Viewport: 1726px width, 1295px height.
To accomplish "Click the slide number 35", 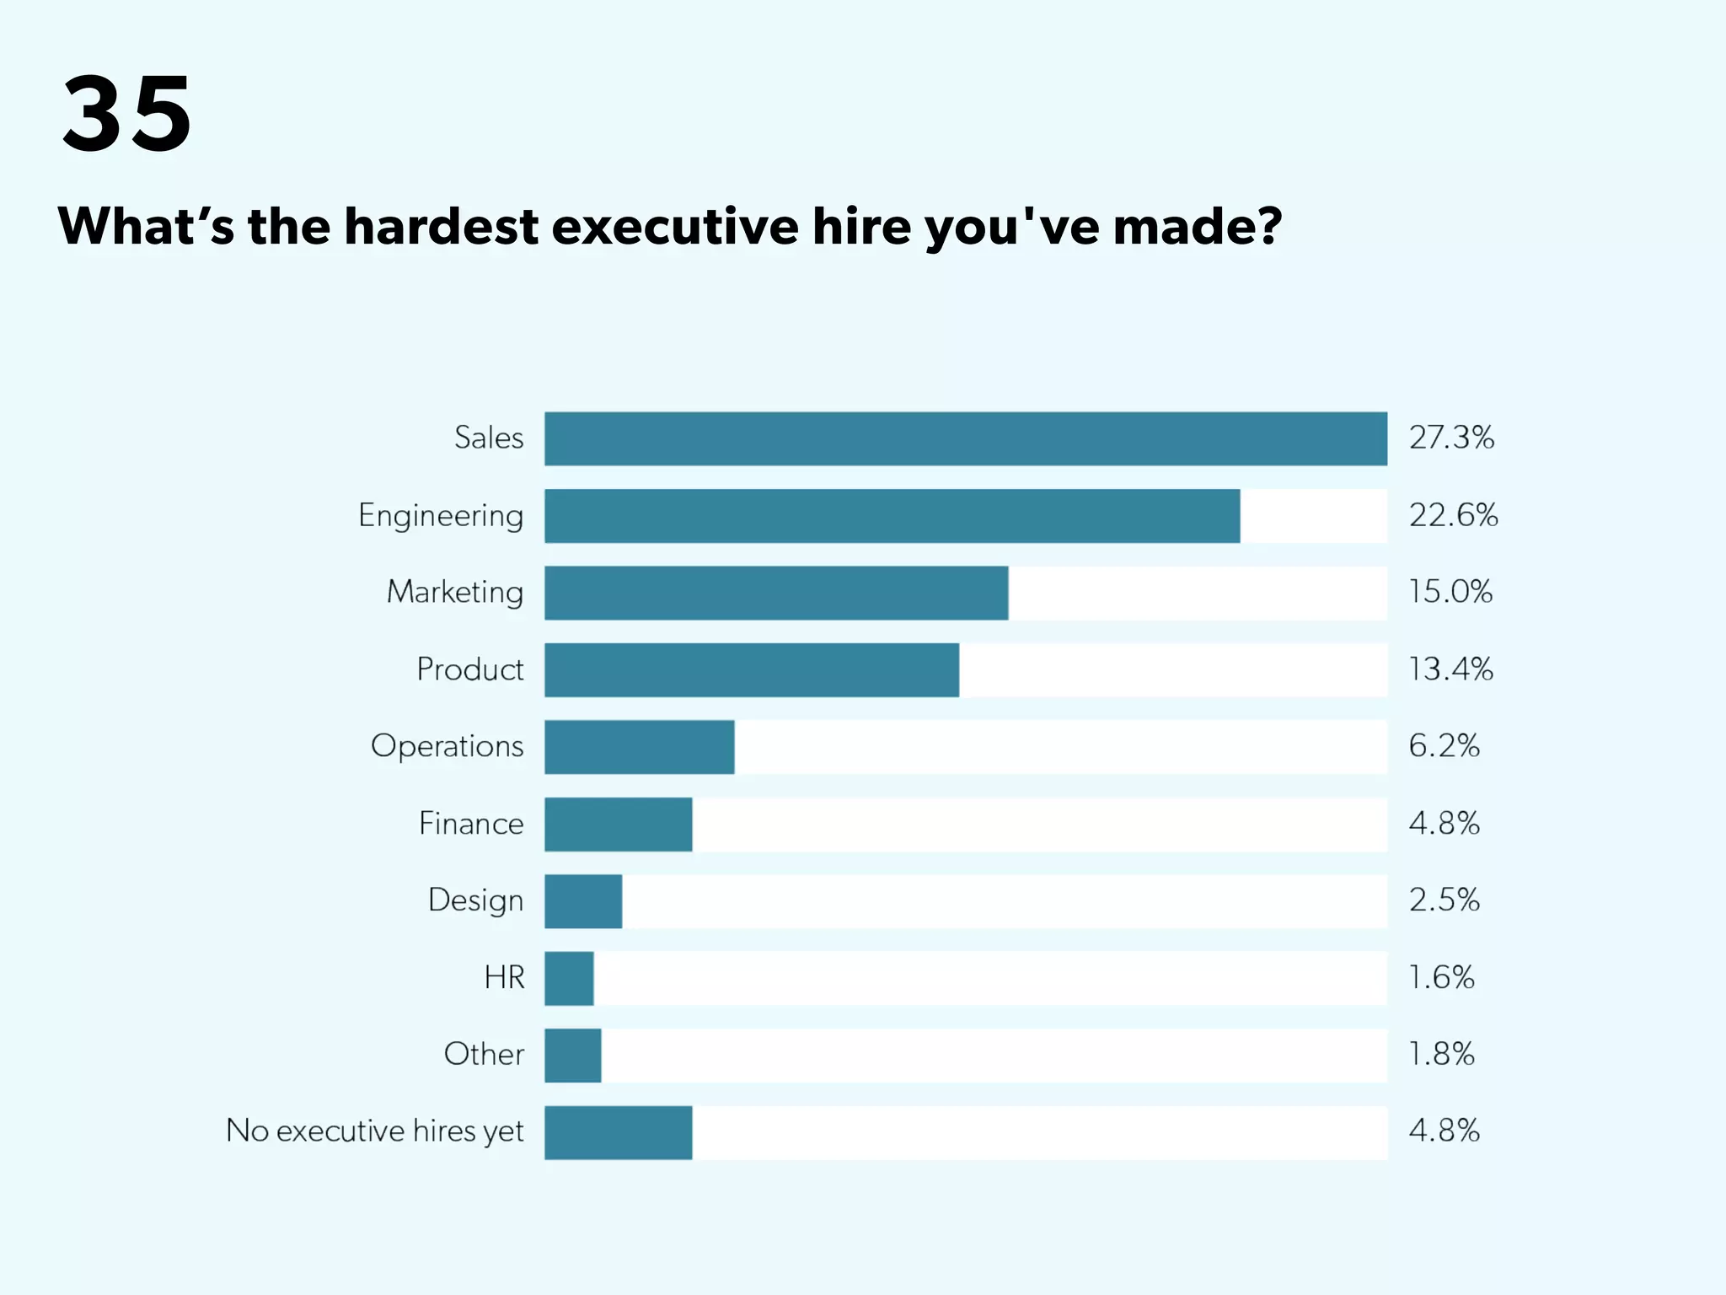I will click(127, 114).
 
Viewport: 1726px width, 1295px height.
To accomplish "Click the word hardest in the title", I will click(442, 227).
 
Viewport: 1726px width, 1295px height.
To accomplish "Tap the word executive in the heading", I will click(674, 227).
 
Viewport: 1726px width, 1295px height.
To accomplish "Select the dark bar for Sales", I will click(965, 438).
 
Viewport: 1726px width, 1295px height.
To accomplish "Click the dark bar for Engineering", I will click(892, 516).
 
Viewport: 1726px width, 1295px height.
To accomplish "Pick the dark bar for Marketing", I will click(776, 593).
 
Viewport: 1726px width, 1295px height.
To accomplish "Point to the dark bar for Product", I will click(752, 670).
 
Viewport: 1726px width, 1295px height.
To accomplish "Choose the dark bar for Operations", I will click(639, 747).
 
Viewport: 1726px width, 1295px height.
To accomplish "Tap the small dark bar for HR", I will click(569, 978).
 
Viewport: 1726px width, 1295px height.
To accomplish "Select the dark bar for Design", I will click(583, 901).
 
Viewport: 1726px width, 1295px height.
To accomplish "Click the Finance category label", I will click(471, 824).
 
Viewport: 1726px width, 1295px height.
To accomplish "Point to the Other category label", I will click(484, 1055).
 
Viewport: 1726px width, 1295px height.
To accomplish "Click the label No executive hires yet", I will click(375, 1131).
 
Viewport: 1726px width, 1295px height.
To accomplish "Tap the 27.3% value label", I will click(1451, 438).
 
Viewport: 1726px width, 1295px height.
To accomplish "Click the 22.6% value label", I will click(1453, 515).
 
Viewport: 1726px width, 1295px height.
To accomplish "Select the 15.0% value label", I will click(1450, 592).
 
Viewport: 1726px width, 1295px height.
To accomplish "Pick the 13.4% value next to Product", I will click(1450, 669).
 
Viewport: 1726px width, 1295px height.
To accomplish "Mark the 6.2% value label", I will click(1444, 746).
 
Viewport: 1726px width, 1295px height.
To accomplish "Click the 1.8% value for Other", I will click(1441, 1055).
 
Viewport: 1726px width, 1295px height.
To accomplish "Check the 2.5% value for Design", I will click(1444, 900).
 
